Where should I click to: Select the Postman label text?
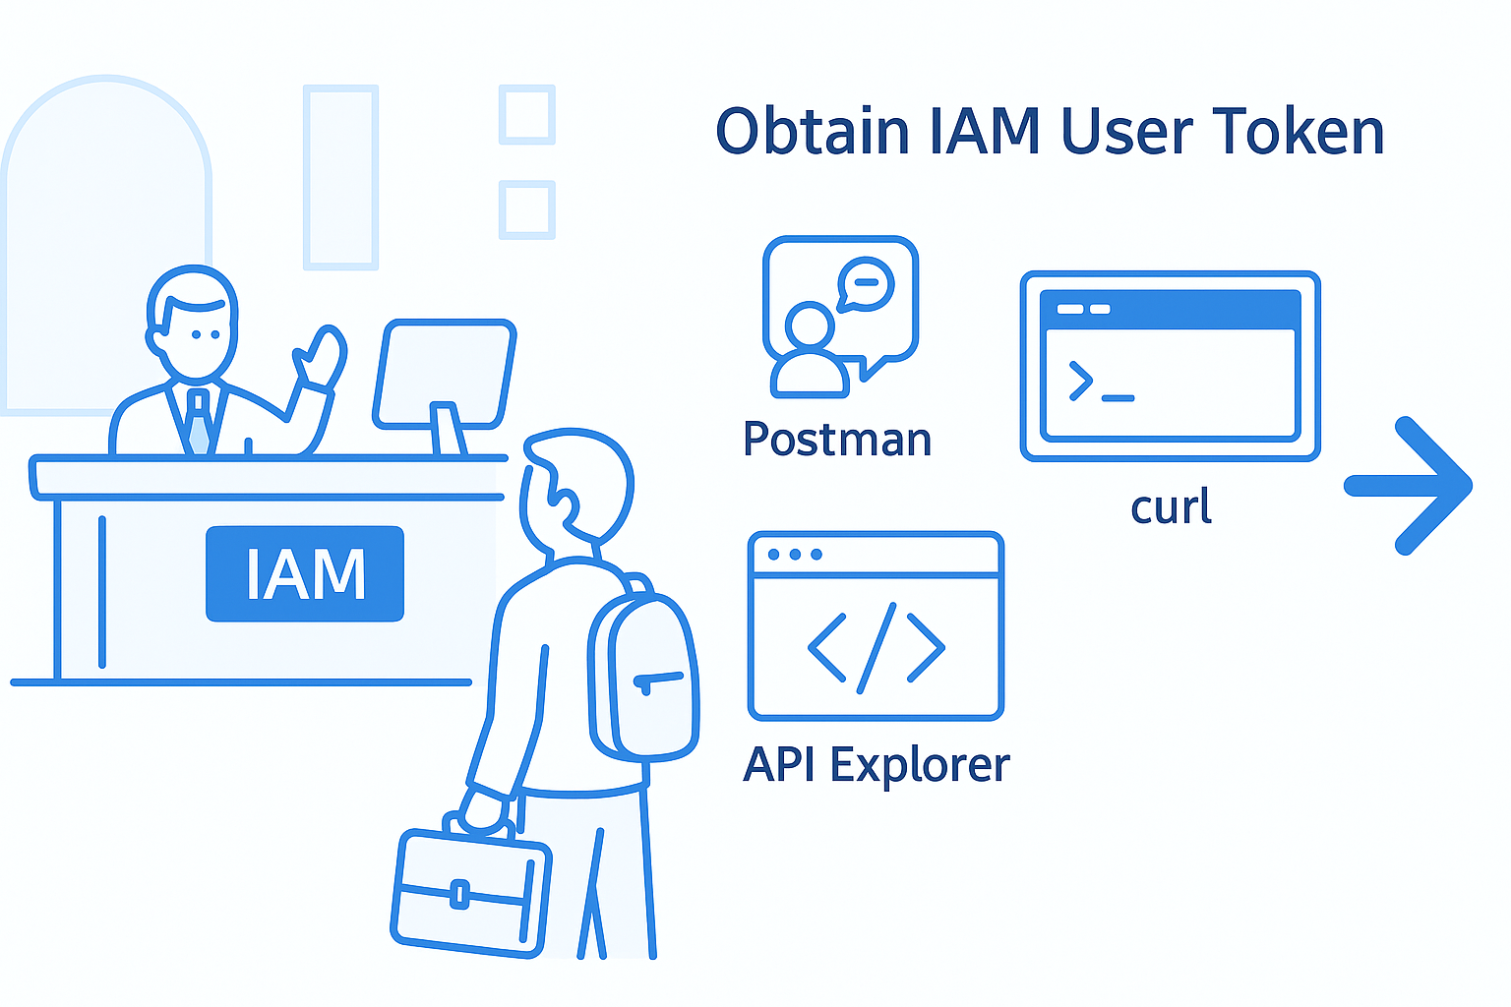pos(837,439)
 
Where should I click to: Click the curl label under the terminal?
pos(1171,507)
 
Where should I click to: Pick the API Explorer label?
pos(876,764)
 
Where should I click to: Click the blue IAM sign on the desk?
pos(305,574)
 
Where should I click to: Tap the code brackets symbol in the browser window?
pos(876,647)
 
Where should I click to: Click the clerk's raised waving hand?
pos(322,359)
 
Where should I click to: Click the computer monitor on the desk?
pos(445,376)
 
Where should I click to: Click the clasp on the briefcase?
pos(458,894)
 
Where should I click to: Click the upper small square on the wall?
pos(527,114)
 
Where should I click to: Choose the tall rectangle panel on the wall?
pos(341,177)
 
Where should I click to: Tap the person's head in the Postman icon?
pos(810,325)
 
